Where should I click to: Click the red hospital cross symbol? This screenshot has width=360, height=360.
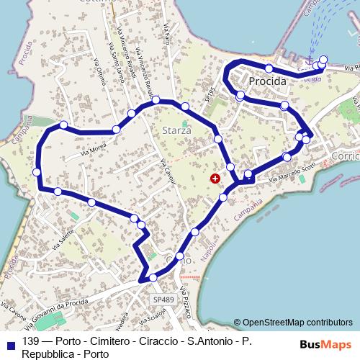click(215, 178)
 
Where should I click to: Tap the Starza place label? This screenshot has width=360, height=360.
click(176, 131)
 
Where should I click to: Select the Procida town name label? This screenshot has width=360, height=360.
click(268, 82)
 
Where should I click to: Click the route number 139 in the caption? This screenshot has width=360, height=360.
click(31, 341)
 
